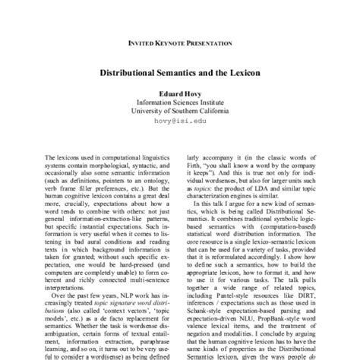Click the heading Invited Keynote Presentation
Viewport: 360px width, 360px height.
[179, 45]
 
